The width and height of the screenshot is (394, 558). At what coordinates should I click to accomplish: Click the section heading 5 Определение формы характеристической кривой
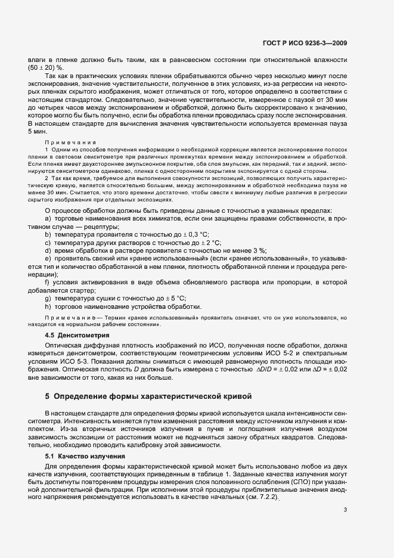pyautogui.click(x=140, y=396)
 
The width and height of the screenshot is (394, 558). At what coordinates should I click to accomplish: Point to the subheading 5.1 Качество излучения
pyautogui.click(x=85, y=455)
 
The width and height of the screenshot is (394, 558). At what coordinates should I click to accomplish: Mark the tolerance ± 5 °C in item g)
pyautogui.click(x=172, y=297)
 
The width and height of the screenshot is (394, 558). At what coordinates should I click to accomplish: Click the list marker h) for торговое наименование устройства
pyautogui.click(x=48, y=305)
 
